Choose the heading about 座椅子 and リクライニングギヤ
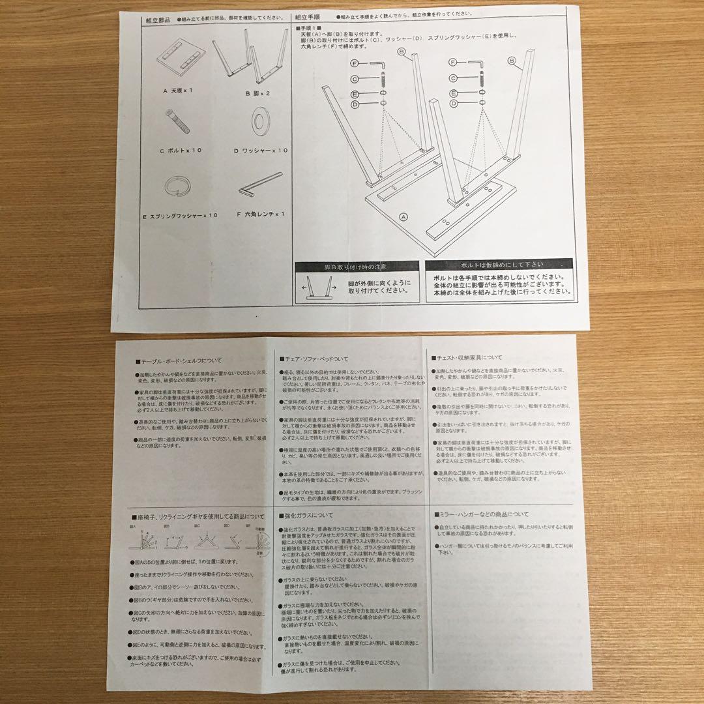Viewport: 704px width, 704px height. (192, 516)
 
